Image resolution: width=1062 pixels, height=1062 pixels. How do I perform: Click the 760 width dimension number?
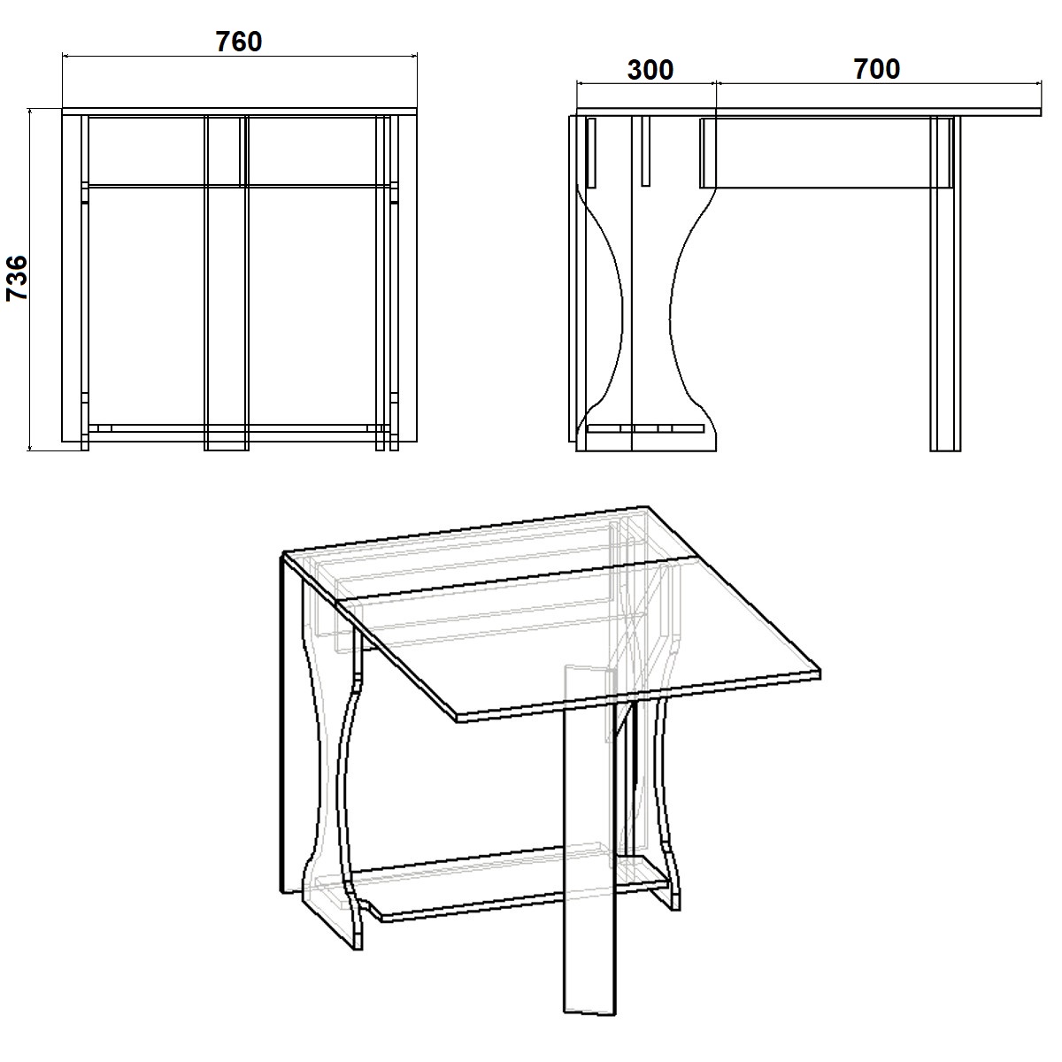[239, 42]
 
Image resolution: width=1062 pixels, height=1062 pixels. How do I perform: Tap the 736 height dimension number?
[17, 278]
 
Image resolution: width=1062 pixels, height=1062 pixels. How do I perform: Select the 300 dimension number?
[650, 70]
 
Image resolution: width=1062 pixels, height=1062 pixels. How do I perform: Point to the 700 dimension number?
[877, 69]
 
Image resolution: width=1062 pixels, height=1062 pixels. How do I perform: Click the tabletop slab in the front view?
[240, 112]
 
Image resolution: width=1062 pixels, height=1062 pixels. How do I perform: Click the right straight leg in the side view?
[945, 284]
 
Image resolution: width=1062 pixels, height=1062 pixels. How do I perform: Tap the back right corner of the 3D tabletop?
[648, 506]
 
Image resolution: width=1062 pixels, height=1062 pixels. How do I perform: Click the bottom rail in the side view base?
[645, 428]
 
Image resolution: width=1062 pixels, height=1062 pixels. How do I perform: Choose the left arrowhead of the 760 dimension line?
[65, 56]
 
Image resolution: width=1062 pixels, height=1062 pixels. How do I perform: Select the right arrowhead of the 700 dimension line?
[1038, 83]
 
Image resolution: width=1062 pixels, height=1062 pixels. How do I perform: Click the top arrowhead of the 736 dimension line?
[30, 112]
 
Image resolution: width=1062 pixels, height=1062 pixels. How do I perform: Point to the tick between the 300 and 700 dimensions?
[716, 83]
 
